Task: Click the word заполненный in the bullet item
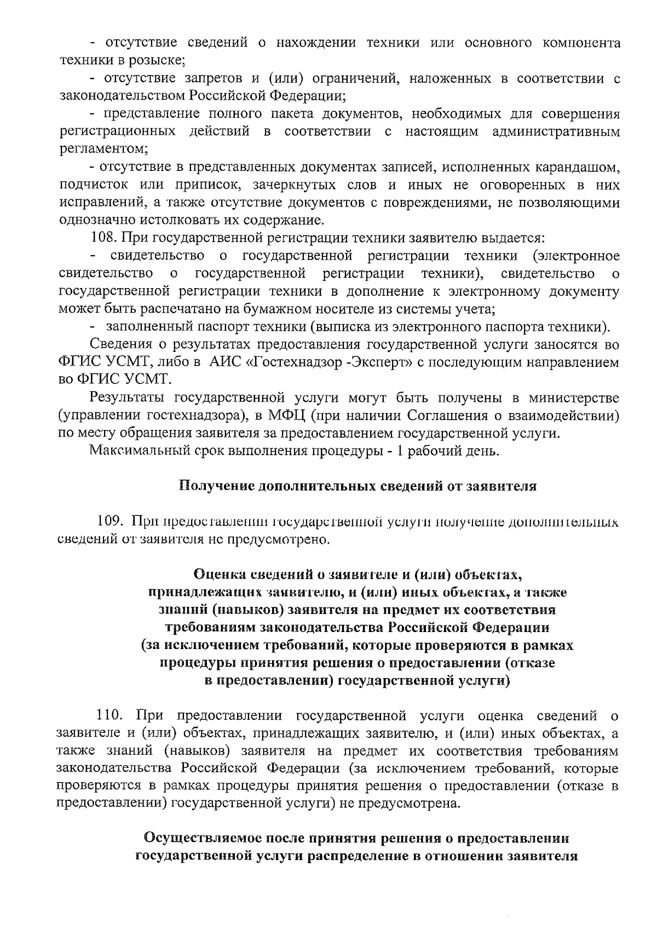coord(142,327)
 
